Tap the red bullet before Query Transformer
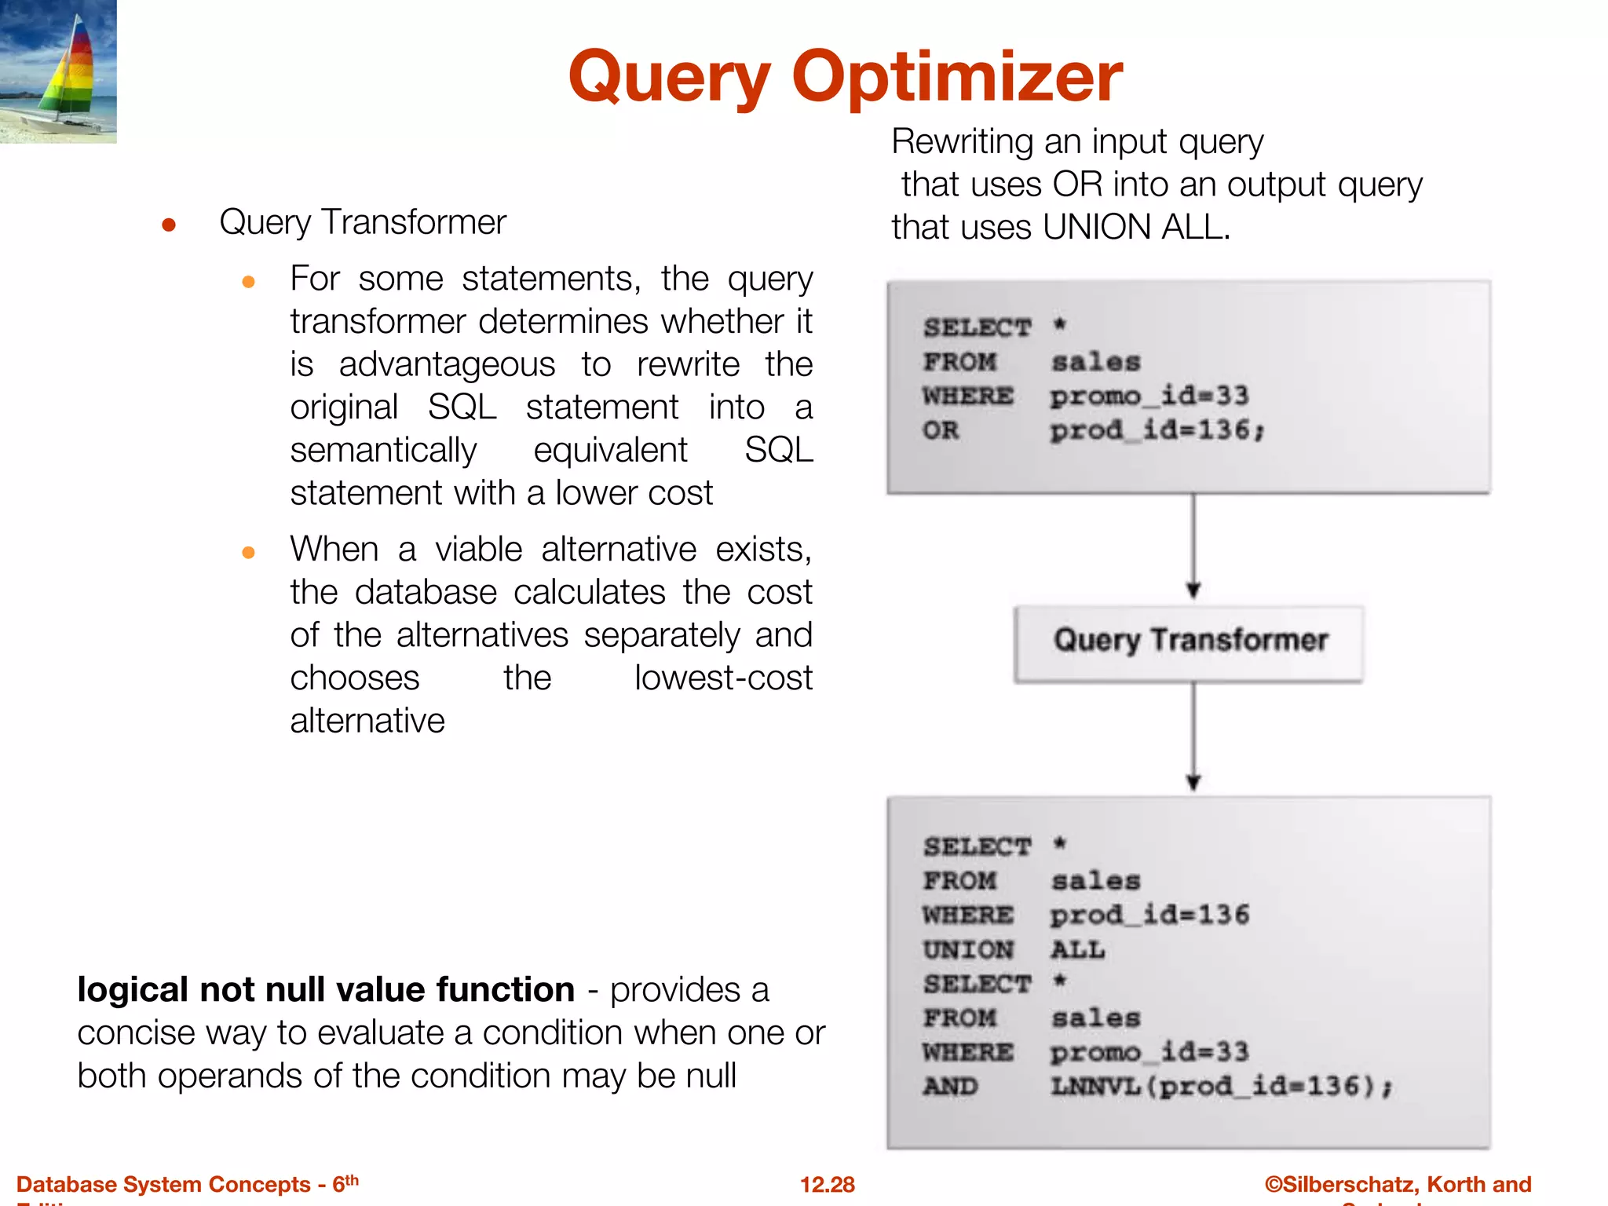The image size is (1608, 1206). click(168, 226)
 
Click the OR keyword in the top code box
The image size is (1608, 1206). click(941, 430)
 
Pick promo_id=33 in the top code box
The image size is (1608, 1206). click(1149, 396)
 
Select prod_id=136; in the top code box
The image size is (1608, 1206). click(1157, 430)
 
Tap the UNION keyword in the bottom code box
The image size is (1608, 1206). click(968, 950)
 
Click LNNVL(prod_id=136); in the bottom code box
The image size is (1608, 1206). click(1221, 1087)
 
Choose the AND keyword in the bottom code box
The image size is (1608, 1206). click(950, 1087)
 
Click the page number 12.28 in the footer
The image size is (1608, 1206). click(827, 1184)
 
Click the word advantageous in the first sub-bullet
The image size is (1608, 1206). click(446, 365)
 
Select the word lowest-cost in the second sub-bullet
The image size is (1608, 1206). click(722, 678)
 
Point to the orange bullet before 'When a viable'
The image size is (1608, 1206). click(248, 553)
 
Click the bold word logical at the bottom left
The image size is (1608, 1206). click(133, 990)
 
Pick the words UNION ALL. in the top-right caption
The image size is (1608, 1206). click(1135, 228)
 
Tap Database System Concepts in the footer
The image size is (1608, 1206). click(163, 1184)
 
